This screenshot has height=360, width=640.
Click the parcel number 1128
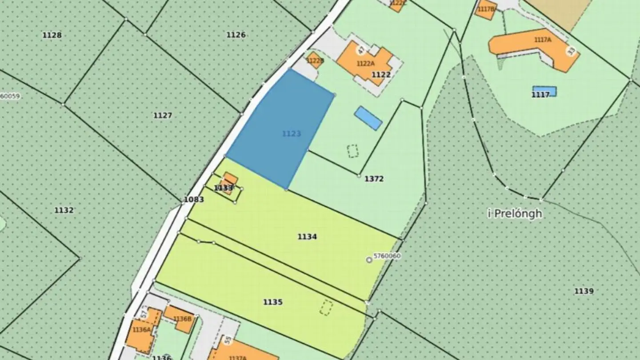(52, 35)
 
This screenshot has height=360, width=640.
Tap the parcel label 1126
(236, 35)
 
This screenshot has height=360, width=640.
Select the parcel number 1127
(163, 116)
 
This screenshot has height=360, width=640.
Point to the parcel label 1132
(64, 210)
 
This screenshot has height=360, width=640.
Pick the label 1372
(374, 179)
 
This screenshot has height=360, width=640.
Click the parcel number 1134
(307, 237)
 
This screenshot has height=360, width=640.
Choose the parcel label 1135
(273, 302)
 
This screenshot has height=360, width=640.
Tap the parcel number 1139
(584, 292)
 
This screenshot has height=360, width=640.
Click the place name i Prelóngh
(515, 214)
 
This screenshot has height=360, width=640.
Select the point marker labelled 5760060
(369, 260)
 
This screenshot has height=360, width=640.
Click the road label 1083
(194, 200)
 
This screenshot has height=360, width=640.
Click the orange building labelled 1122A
(364, 62)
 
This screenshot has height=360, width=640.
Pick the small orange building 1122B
(315, 60)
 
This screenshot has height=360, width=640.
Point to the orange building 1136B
(180, 318)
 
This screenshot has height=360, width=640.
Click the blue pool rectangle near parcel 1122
(368, 118)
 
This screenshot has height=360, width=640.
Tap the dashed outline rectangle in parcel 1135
(326, 308)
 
